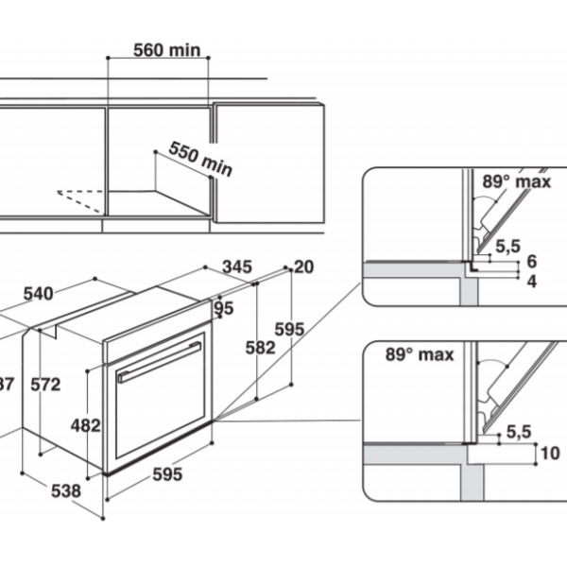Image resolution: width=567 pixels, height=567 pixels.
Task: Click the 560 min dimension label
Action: pos(159,50)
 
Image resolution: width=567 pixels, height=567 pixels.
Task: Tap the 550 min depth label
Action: pos(200,159)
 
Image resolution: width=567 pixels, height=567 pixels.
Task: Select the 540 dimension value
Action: pos(38,294)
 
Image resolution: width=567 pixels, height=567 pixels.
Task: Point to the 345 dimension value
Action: pos(237,267)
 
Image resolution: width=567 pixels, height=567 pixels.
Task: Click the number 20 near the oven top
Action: pos(302,267)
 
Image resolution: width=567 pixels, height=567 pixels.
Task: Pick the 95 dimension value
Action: pos(224,308)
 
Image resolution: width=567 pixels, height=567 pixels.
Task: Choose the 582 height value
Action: pos(259,347)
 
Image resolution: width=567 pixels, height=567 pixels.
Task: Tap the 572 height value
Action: pos(44,385)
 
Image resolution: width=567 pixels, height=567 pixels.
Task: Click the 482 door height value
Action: pos(86,425)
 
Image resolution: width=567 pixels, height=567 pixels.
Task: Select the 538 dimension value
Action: pos(66,491)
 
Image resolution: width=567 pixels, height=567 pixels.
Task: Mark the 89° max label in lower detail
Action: pos(420,355)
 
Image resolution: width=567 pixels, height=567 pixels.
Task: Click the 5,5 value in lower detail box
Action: pos(518,431)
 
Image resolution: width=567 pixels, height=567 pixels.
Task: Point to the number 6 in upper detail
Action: pos(531,262)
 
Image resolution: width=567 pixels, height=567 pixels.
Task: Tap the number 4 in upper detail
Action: pos(531,282)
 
